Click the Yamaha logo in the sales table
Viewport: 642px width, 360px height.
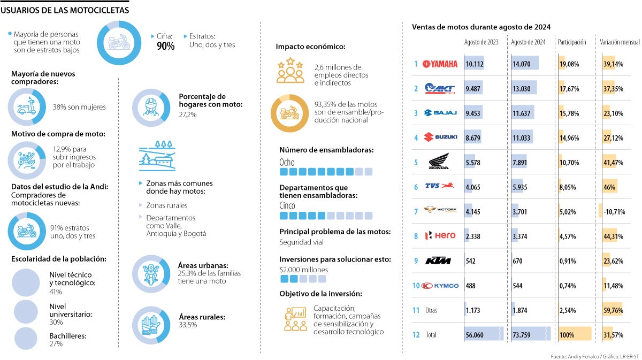click(440, 64)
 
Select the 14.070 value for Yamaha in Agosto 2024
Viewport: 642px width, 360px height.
click(522, 64)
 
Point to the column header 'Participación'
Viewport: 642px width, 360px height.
click(572, 42)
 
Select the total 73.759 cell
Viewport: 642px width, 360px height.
click(523, 335)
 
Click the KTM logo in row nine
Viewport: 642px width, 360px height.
click(438, 261)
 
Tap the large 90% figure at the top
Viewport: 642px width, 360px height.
click(165, 47)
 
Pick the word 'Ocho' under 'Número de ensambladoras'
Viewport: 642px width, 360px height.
click(287, 162)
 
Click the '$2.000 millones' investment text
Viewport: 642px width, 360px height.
click(303, 270)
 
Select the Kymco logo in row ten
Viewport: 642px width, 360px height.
click(440, 286)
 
